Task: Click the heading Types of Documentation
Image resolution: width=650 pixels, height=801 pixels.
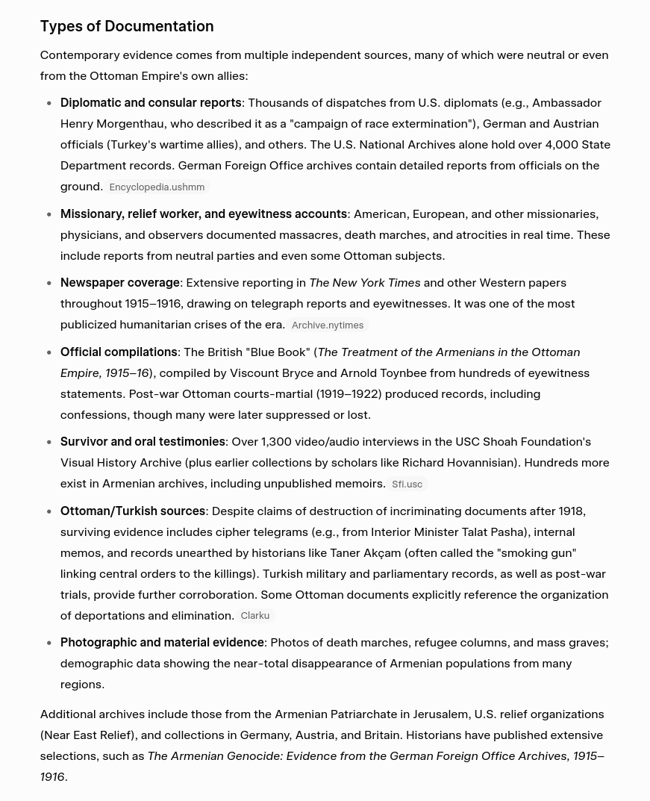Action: pyautogui.click(x=127, y=26)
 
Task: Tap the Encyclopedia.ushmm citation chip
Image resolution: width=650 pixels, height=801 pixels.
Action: pyautogui.click(x=157, y=187)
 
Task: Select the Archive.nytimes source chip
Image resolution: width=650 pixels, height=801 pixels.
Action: pyautogui.click(x=328, y=325)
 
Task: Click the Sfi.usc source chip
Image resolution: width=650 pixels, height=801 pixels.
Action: pyautogui.click(x=407, y=484)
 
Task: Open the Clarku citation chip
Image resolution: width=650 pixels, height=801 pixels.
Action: pyautogui.click(x=254, y=616)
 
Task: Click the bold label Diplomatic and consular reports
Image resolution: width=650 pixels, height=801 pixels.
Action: pyautogui.click(x=151, y=102)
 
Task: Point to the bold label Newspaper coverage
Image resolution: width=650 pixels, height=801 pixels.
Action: pyautogui.click(x=120, y=282)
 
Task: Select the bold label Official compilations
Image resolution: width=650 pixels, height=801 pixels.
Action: pyautogui.click(x=119, y=352)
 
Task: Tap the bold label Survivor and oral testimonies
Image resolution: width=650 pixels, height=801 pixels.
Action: pyautogui.click(x=143, y=441)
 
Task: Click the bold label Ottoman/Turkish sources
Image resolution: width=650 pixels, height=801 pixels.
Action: pyautogui.click(x=133, y=511)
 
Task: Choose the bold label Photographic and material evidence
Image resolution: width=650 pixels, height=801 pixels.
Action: pyautogui.click(x=162, y=642)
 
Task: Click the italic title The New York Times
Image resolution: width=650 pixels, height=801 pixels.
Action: pyautogui.click(x=365, y=282)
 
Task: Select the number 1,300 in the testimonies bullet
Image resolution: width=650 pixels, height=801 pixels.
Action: pyautogui.click(x=277, y=441)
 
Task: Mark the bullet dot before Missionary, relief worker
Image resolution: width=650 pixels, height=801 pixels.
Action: pyautogui.click(x=49, y=214)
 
